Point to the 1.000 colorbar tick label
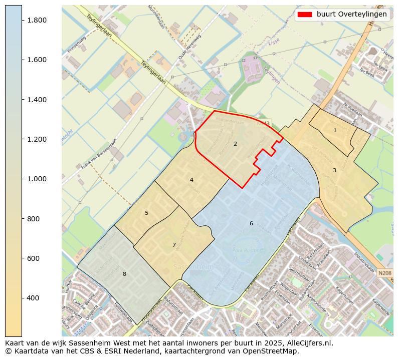[x=37, y=179]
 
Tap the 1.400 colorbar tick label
[x=37, y=100]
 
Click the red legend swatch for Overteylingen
[x=304, y=14]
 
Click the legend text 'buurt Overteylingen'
[x=351, y=14]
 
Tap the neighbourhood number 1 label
[x=335, y=130]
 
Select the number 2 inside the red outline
[x=235, y=144]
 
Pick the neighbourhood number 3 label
[x=334, y=170]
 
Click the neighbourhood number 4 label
[x=191, y=180]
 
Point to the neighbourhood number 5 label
[x=146, y=213]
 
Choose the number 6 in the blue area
[x=251, y=223]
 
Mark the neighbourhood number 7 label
[x=174, y=245]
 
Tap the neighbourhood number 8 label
[x=124, y=274]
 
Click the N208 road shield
[x=384, y=273]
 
